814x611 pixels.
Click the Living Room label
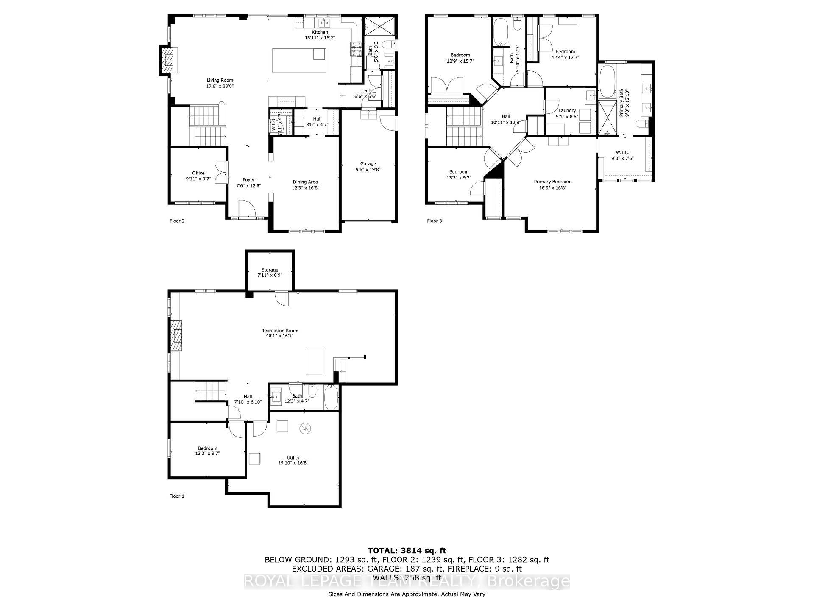pyautogui.click(x=220, y=80)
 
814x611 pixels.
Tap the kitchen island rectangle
pyautogui.click(x=298, y=60)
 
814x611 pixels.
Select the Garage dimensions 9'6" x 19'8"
pyautogui.click(x=368, y=169)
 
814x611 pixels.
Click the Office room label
pyautogui.click(x=198, y=173)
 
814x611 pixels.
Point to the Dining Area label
pyautogui.click(x=305, y=182)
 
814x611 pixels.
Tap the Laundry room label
pyautogui.click(x=567, y=110)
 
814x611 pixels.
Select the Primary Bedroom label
pyautogui.click(x=553, y=182)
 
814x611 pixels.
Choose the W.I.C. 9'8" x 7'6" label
pyautogui.click(x=622, y=152)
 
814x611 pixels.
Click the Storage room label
pyautogui.click(x=270, y=270)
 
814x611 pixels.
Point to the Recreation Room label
pyautogui.click(x=279, y=331)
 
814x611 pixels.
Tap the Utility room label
pyautogui.click(x=293, y=457)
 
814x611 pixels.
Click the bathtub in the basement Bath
pyautogui.click(x=331, y=398)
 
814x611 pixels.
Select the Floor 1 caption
pyautogui.click(x=177, y=496)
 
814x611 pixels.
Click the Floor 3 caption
pyautogui.click(x=434, y=221)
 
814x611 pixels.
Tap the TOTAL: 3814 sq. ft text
pyautogui.click(x=407, y=551)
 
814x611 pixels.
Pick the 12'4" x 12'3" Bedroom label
pyautogui.click(x=565, y=52)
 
